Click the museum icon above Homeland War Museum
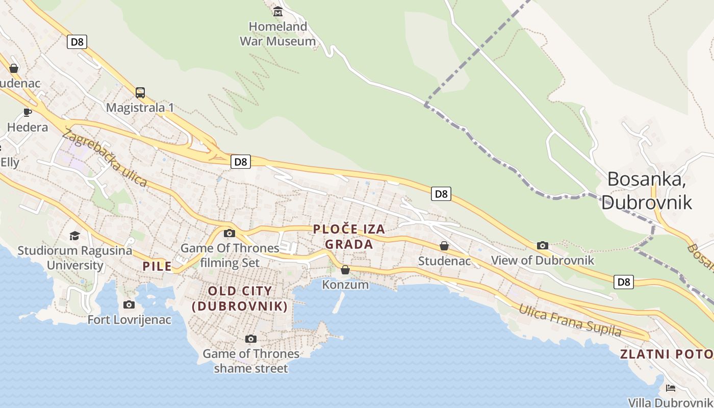pyautogui.click(x=278, y=11)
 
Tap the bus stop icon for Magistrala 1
pyautogui.click(x=140, y=93)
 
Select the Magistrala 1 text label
pyautogui.click(x=140, y=108)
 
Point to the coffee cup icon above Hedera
pyautogui.click(x=28, y=112)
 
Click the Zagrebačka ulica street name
pyautogui.click(x=105, y=158)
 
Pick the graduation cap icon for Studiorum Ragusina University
pyautogui.click(x=75, y=236)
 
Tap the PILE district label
pyautogui.click(x=157, y=266)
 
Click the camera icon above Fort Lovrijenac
pyautogui.click(x=129, y=304)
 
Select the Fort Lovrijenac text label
pyautogui.click(x=130, y=320)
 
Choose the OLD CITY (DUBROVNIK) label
pyautogui.click(x=240, y=298)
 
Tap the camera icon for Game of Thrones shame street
pyautogui.click(x=251, y=339)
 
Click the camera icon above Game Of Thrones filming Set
pyautogui.click(x=229, y=233)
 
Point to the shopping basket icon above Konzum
pyautogui.click(x=345, y=270)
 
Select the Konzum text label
pyautogui.click(x=345, y=285)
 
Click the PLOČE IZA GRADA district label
pyautogui.click(x=349, y=237)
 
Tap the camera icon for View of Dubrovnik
pyautogui.click(x=543, y=246)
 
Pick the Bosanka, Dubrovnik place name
pyautogui.click(x=647, y=190)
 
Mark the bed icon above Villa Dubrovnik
pyautogui.click(x=671, y=388)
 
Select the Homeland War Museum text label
pyautogui.click(x=278, y=34)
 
